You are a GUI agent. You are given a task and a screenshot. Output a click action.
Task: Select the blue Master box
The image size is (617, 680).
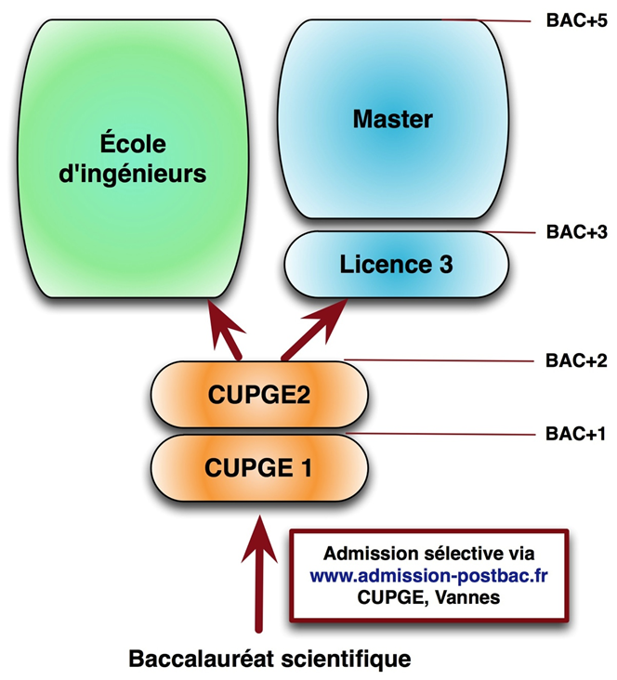pos(393,118)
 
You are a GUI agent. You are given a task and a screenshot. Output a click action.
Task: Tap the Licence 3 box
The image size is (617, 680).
pos(396,265)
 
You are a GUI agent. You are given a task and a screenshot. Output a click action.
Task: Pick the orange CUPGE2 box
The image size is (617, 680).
pos(257,396)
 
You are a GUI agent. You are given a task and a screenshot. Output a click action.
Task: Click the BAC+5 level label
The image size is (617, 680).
pos(577,21)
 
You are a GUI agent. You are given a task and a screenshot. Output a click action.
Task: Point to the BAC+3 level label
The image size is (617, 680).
pos(577,232)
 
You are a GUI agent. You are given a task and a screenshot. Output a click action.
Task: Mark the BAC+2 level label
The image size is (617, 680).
pos(577,360)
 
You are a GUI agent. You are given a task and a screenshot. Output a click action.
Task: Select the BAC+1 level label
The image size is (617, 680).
pos(577,433)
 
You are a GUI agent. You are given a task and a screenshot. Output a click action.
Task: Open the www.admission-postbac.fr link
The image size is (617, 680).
pos(428,574)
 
